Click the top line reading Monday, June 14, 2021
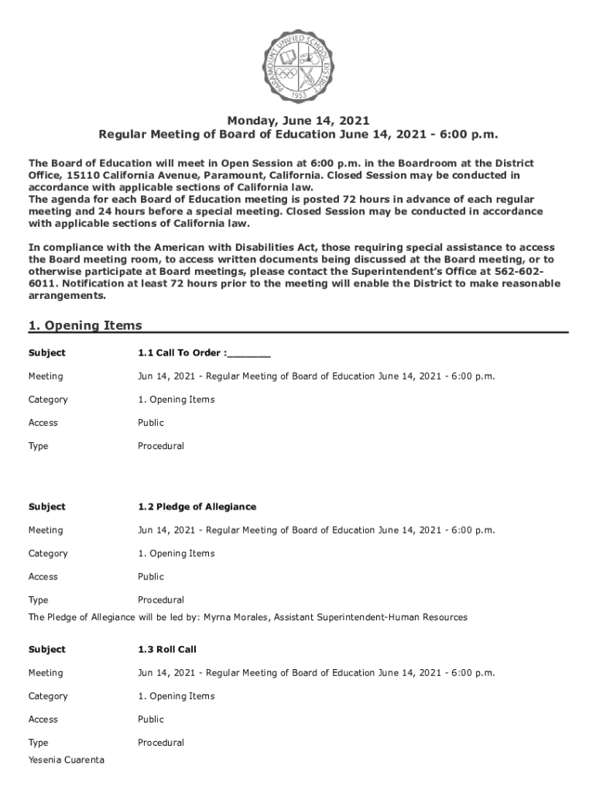tap(298, 120)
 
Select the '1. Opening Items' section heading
tap(85, 325)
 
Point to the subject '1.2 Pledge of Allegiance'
tap(197, 506)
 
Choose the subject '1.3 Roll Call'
tap(161, 649)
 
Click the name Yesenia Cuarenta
tap(67, 760)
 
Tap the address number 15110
tap(81, 175)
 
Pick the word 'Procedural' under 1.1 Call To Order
tap(161, 446)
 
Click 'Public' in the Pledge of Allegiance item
tap(151, 576)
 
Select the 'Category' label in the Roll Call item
tap(48, 696)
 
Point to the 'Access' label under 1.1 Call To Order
tap(43, 423)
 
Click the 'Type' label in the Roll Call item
tap(39, 743)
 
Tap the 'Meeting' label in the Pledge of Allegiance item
tap(46, 530)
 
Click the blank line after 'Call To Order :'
tap(249, 354)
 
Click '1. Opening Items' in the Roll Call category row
tap(176, 696)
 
